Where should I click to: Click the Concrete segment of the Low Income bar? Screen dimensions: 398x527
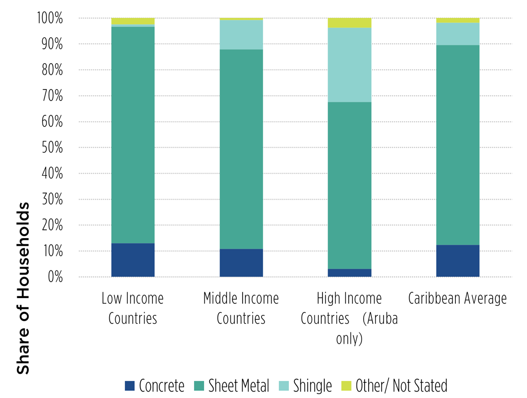click(x=133, y=260)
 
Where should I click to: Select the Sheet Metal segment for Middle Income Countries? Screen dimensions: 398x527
click(x=241, y=149)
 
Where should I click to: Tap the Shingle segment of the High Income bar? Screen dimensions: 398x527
click(x=350, y=65)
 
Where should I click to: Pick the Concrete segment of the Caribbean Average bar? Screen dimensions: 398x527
click(x=458, y=261)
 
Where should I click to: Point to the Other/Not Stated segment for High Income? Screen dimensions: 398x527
click(x=350, y=23)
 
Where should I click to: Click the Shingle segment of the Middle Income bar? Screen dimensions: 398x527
click(x=241, y=35)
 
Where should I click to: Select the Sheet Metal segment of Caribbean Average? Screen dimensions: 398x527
click(x=458, y=145)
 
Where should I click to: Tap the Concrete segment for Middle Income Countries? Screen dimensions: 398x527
click(x=241, y=263)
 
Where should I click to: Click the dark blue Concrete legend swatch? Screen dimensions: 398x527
click(x=130, y=386)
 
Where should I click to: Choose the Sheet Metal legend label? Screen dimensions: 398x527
click(x=239, y=386)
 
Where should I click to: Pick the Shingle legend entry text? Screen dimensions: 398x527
click(x=312, y=386)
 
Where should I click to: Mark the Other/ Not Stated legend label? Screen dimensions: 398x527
click(x=401, y=386)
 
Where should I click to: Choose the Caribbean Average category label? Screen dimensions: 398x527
click(x=457, y=298)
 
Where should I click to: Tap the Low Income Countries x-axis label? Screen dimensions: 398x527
click(x=132, y=308)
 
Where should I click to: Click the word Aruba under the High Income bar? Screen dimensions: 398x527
click(x=380, y=318)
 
